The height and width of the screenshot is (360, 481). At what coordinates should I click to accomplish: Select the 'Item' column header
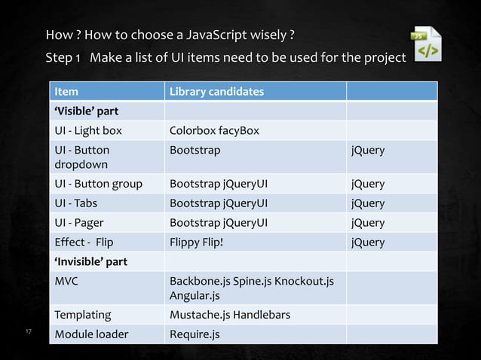[66, 92]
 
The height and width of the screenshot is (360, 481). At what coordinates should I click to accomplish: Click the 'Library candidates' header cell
[216, 92]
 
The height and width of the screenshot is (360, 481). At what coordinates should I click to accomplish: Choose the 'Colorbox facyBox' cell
[214, 131]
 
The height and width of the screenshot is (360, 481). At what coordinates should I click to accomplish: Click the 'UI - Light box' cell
[88, 131]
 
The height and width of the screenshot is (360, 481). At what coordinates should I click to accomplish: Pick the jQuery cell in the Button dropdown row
[368, 150]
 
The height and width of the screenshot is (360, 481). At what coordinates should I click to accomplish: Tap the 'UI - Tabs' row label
[75, 203]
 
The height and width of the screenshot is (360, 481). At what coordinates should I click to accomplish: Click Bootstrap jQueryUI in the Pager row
[219, 223]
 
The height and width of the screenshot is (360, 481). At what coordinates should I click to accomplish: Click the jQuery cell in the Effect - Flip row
[368, 243]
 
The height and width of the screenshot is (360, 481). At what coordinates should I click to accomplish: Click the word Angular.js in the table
[195, 296]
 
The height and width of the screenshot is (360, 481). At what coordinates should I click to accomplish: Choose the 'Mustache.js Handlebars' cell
[230, 315]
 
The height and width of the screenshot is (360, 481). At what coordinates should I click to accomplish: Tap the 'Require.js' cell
[195, 334]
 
